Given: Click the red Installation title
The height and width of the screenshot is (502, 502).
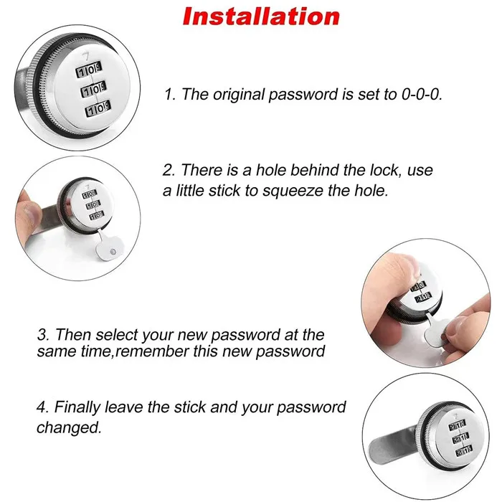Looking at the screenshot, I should (x=260, y=16).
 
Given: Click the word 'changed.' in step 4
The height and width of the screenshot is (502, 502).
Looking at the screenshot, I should (x=69, y=428).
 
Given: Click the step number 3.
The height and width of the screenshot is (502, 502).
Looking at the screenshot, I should (x=42, y=335).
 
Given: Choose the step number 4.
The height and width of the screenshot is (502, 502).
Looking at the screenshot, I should (x=42, y=407).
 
